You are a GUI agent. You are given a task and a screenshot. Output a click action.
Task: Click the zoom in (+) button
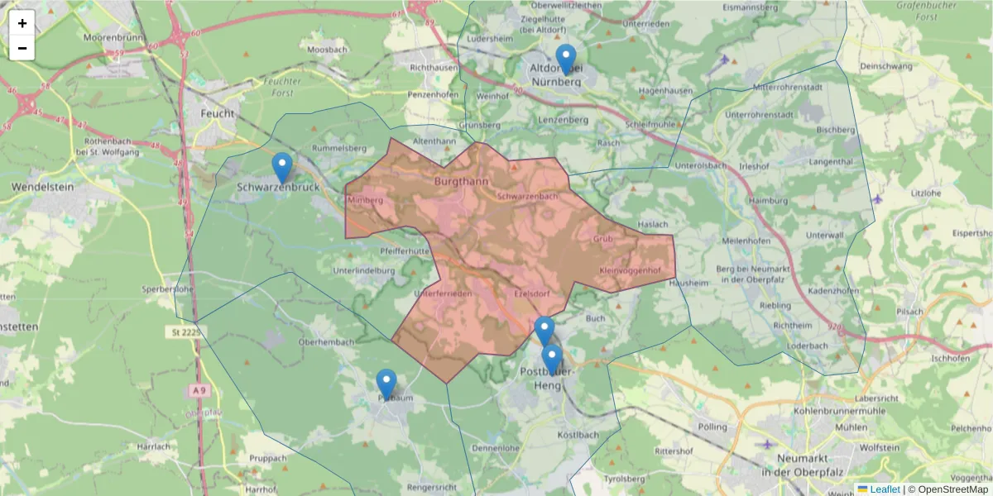22,23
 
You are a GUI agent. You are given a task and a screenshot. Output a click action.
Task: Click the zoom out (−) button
22,48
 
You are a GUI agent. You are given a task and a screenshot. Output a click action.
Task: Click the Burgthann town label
461,180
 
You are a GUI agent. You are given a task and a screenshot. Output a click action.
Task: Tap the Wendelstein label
43,188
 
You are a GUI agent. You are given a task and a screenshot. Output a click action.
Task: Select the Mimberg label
365,201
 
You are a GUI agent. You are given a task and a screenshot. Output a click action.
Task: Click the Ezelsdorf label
532,294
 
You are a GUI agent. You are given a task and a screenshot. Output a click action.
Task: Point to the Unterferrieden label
442,294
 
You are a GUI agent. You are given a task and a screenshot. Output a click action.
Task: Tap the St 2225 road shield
185,332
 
